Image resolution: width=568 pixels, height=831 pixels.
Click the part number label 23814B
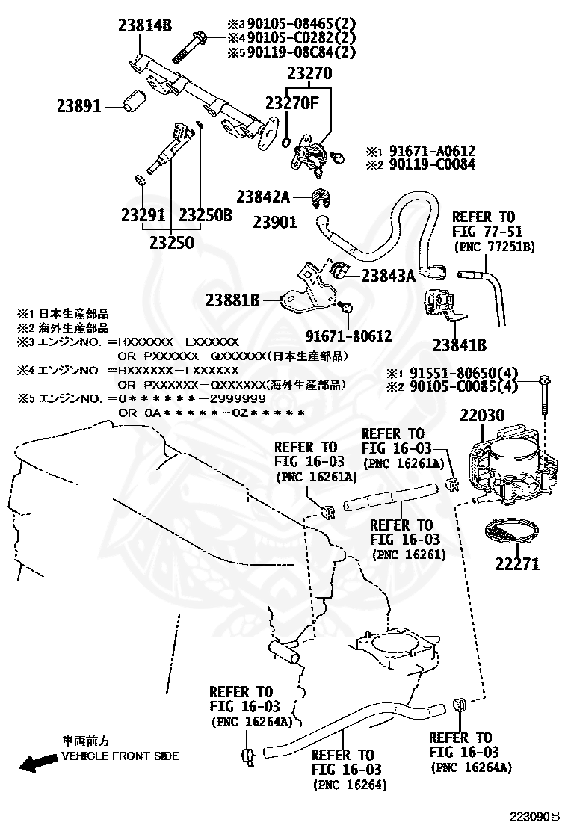click(145, 26)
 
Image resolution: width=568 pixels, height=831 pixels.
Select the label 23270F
click(292, 103)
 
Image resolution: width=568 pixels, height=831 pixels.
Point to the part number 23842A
click(263, 197)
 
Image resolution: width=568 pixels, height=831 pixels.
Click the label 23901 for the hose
click(275, 222)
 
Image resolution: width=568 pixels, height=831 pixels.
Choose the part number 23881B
click(232, 300)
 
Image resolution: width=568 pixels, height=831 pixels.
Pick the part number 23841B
click(460, 345)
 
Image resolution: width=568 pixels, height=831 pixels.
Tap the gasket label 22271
click(516, 564)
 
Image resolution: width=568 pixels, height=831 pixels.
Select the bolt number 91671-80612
click(348, 336)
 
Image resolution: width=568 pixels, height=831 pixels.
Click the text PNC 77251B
click(494, 246)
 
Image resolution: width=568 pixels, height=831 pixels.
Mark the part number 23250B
click(206, 215)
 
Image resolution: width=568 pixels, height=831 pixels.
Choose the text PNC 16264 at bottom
click(351, 784)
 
